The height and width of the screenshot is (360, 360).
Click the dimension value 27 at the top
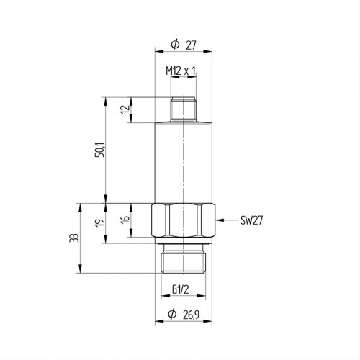[192, 45]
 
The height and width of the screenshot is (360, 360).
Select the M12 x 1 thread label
[181, 71]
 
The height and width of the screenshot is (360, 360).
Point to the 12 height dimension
[123, 110]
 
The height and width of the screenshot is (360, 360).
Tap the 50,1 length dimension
[101, 150]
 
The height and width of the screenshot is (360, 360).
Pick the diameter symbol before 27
[174, 45]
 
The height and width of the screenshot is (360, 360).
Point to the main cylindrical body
[184, 162]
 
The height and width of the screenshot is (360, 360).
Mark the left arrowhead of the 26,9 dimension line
[158, 321]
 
